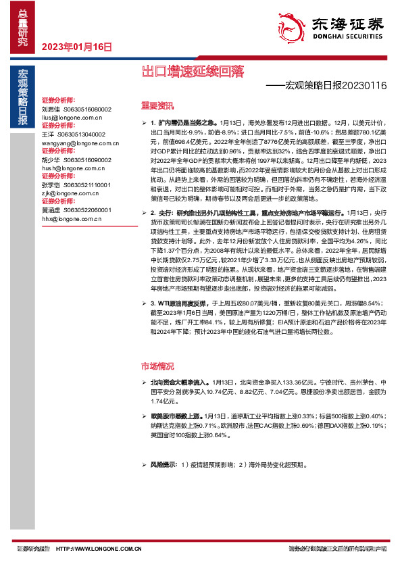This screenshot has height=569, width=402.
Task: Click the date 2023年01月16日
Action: click(x=76, y=47)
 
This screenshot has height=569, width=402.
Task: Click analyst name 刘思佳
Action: click(x=51, y=109)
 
